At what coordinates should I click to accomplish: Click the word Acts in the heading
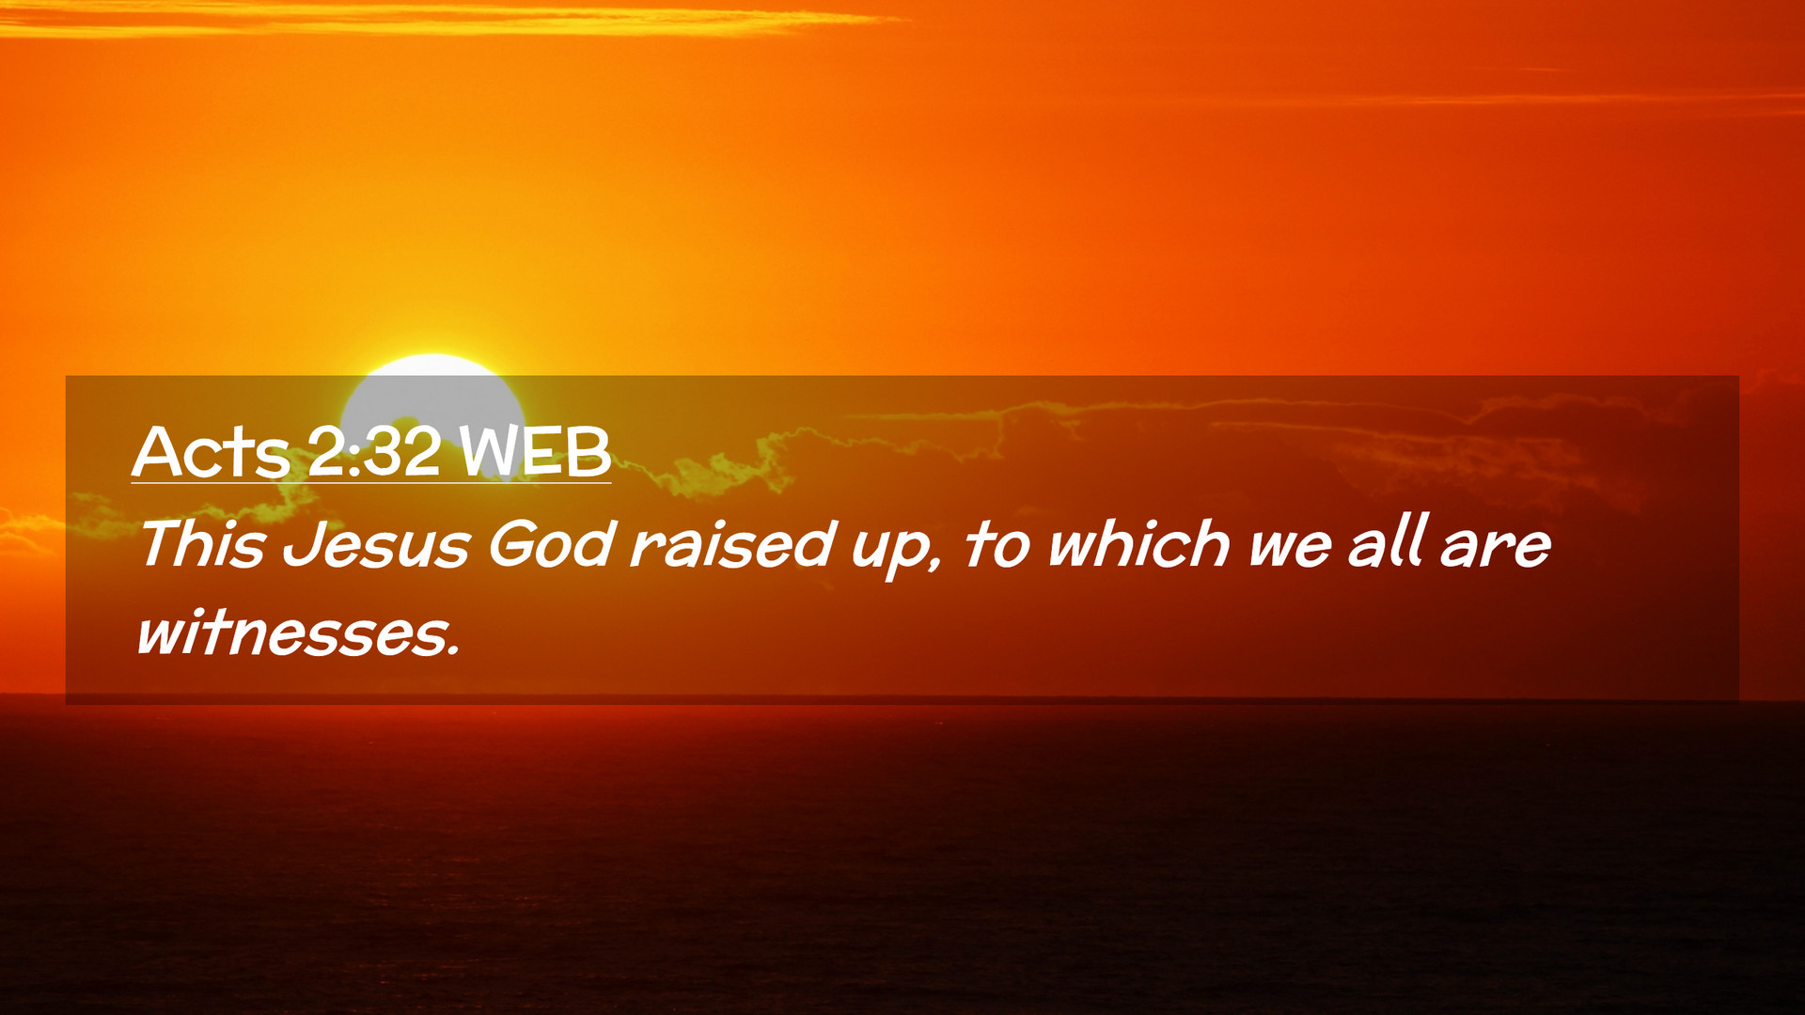pyautogui.click(x=211, y=452)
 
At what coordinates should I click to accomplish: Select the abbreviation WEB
pyautogui.click(x=535, y=452)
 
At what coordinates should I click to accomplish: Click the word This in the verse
pyautogui.click(x=202, y=544)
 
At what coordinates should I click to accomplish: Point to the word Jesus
pyautogui.click(x=376, y=545)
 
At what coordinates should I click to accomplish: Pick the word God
pyautogui.click(x=551, y=544)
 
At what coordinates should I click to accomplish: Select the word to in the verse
pyautogui.click(x=997, y=545)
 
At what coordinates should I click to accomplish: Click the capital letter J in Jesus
pyautogui.click(x=303, y=545)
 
